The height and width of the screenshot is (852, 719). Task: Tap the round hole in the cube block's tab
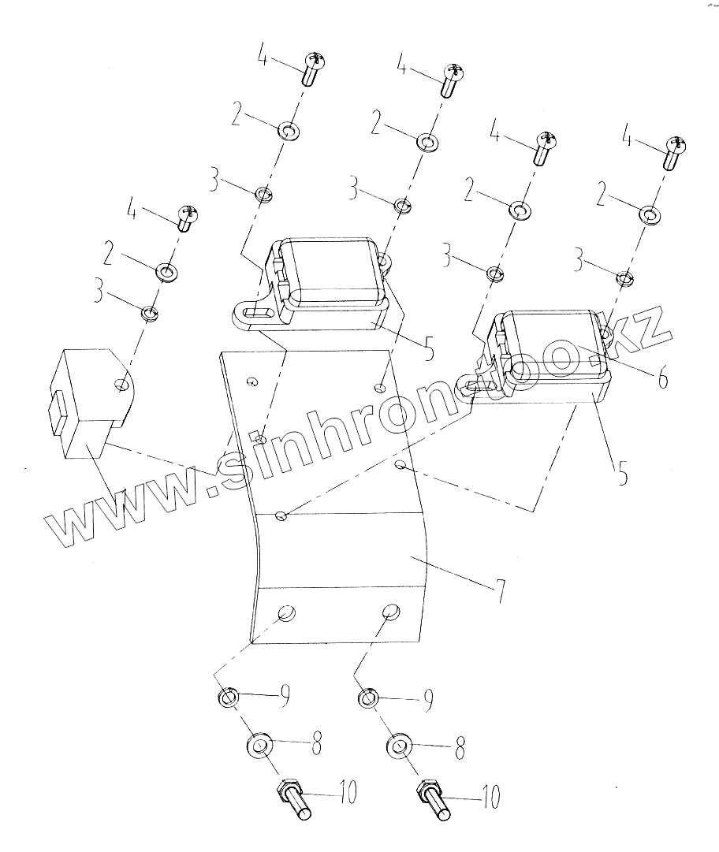(x=121, y=385)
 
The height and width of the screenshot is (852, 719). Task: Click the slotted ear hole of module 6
(x=478, y=386)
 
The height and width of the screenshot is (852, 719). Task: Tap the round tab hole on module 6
(x=605, y=336)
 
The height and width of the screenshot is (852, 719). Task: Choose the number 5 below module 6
(x=622, y=476)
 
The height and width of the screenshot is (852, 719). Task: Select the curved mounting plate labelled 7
(x=339, y=552)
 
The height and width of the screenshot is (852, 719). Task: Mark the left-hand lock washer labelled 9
(x=228, y=696)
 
